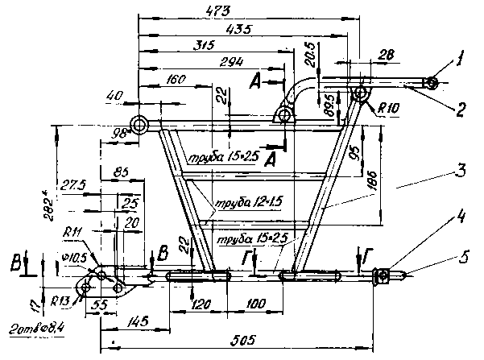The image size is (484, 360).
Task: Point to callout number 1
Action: tap(459, 58)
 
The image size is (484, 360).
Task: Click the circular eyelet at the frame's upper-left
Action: tap(141, 125)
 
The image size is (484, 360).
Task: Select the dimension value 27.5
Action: tap(70, 184)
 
